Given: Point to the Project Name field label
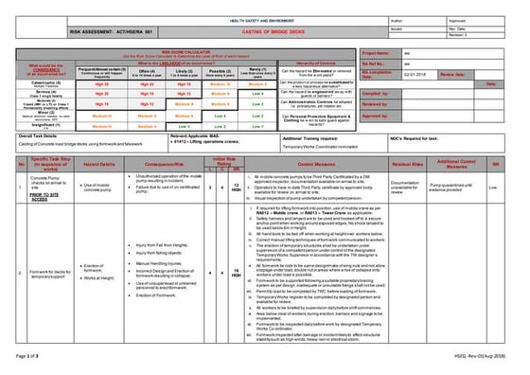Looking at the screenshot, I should pyautogui.click(x=376, y=55).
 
